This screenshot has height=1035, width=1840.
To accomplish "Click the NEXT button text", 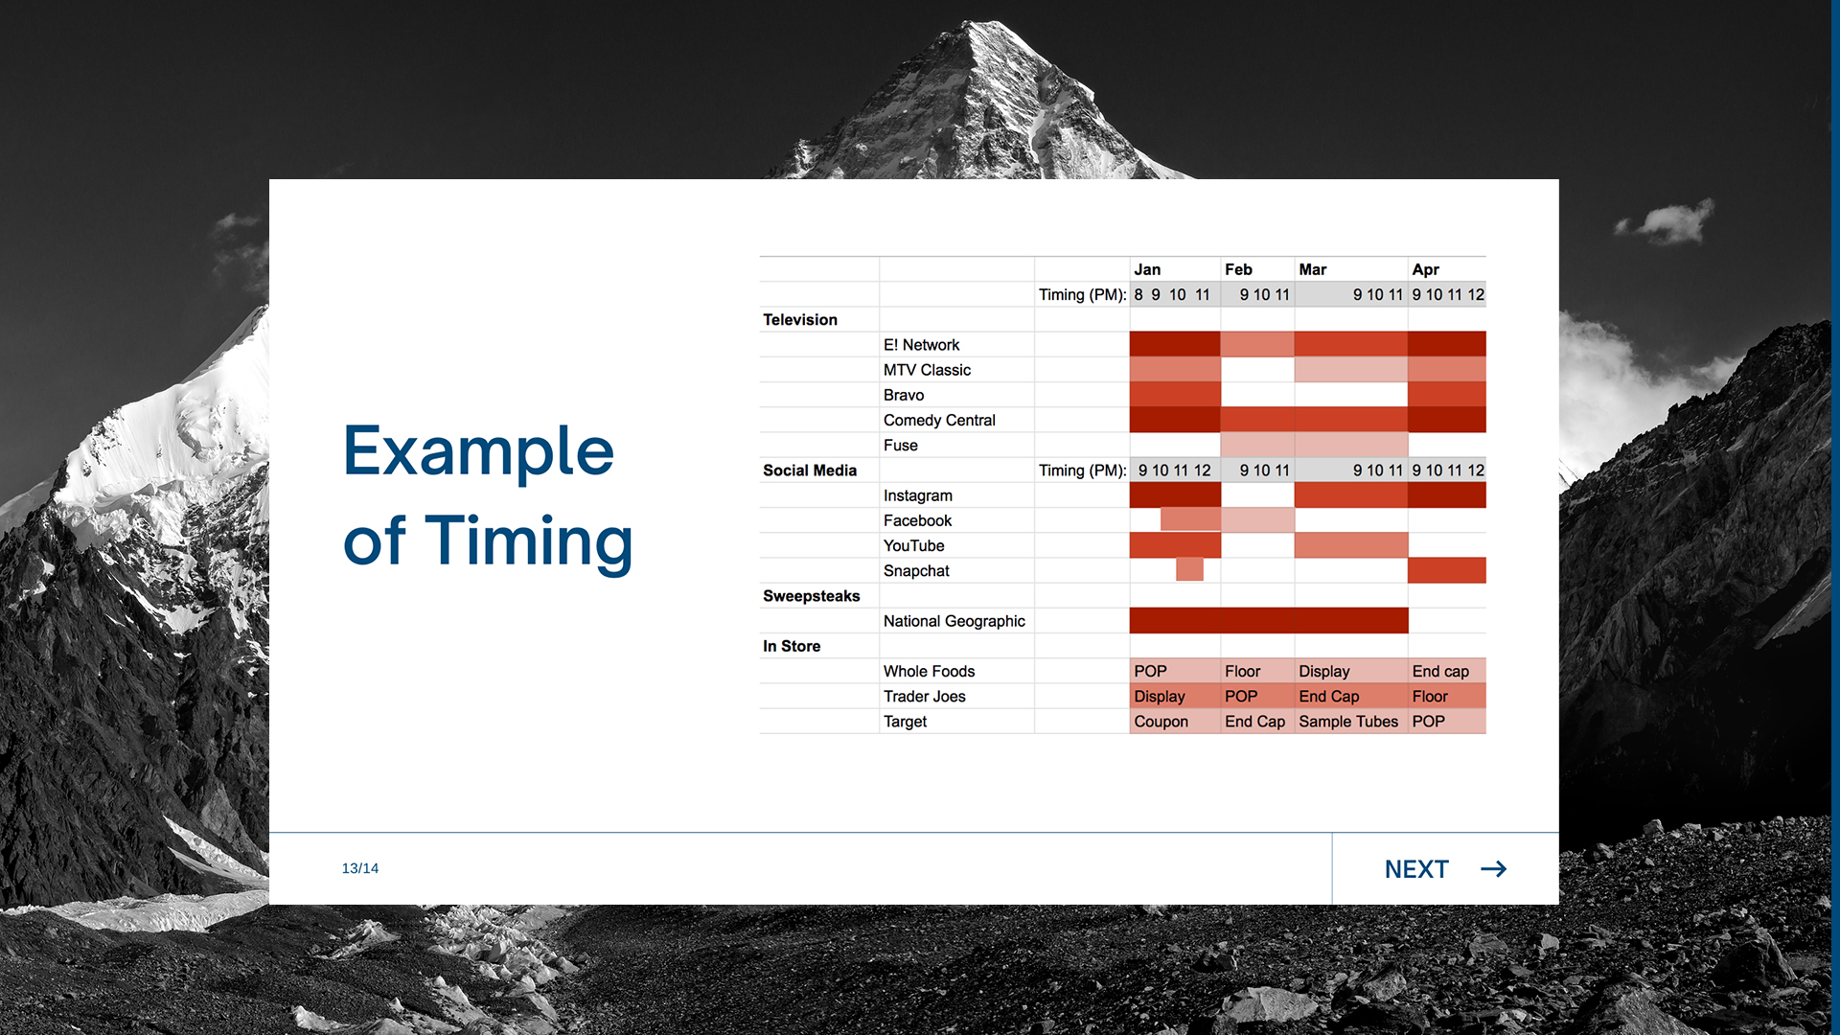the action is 1416,869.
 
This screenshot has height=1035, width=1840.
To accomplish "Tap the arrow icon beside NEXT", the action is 1493,869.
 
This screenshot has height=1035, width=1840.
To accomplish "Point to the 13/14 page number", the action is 360,868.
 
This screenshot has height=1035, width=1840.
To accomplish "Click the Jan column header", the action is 1147,270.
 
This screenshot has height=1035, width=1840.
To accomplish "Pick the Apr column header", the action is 1425,270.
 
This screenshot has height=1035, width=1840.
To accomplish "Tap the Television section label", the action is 800,320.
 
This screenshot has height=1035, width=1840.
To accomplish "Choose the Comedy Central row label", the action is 939,421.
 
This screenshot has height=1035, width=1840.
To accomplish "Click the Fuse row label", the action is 901,446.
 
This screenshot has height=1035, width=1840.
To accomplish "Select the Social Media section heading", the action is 810,471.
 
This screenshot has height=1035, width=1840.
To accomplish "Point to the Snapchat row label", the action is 916,571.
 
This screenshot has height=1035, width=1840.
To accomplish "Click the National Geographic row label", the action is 954,621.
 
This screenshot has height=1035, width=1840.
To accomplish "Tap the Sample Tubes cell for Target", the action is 1348,722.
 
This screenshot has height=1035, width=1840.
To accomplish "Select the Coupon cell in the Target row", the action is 1161,722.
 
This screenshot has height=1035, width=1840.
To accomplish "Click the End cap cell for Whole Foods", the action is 1440,672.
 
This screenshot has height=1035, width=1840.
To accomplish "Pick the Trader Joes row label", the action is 925,697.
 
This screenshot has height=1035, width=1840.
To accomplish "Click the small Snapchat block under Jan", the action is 1189,569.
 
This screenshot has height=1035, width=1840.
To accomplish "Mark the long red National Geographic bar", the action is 1269,620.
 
